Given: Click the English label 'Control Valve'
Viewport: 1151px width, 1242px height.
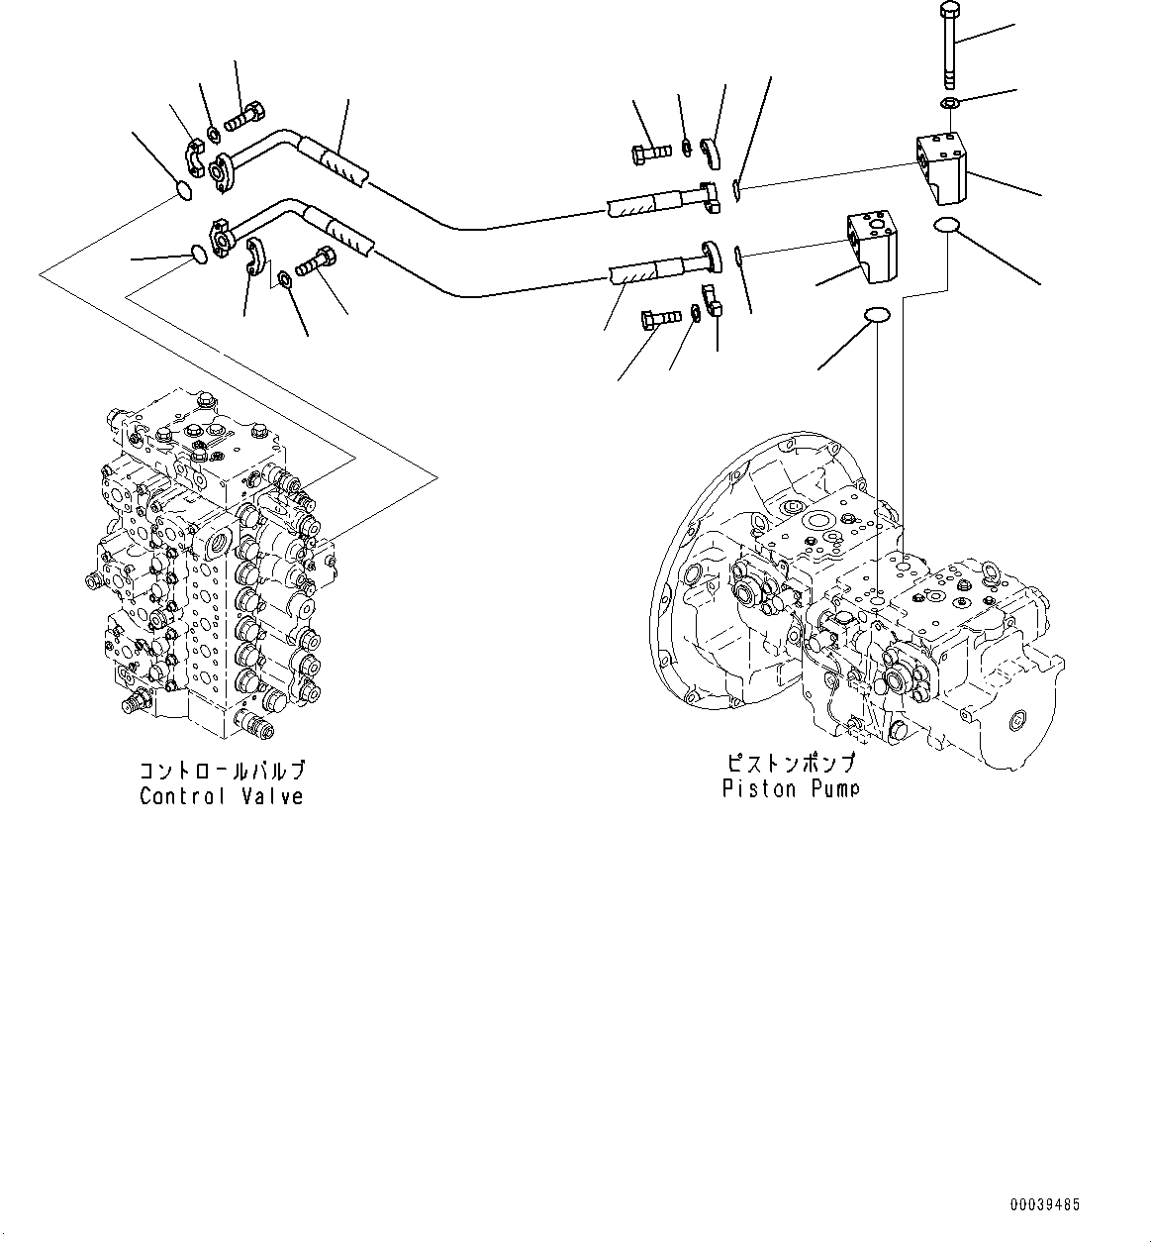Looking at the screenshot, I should (221, 795).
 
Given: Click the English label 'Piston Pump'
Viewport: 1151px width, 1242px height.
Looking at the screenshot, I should (790, 788).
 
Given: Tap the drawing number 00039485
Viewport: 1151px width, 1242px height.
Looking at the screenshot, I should (1045, 1205).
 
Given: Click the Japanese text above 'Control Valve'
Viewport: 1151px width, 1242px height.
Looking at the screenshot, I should (221, 771).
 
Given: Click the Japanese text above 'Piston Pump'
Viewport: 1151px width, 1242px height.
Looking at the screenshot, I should (790, 764).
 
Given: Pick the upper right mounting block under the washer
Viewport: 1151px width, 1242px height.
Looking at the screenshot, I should (944, 163).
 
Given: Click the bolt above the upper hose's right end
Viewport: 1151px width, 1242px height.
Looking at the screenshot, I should (651, 152).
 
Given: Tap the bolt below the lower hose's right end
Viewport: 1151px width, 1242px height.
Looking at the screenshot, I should (661, 318).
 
